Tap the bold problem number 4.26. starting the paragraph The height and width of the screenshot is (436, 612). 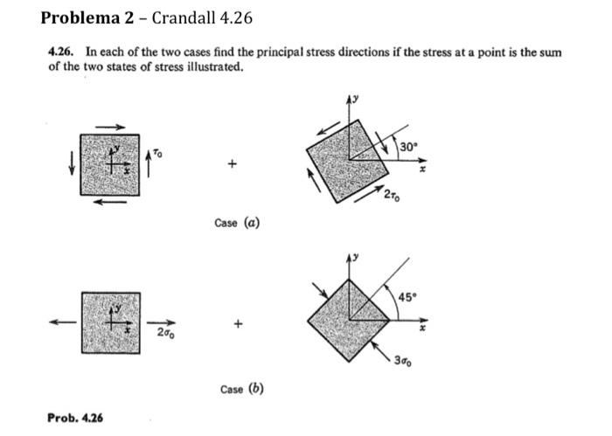[60, 52]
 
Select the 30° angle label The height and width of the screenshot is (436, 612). [407, 146]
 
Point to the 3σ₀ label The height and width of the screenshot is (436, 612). [403, 361]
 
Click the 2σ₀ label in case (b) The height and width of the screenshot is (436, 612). [163, 333]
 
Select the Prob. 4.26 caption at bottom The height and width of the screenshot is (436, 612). [75, 417]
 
